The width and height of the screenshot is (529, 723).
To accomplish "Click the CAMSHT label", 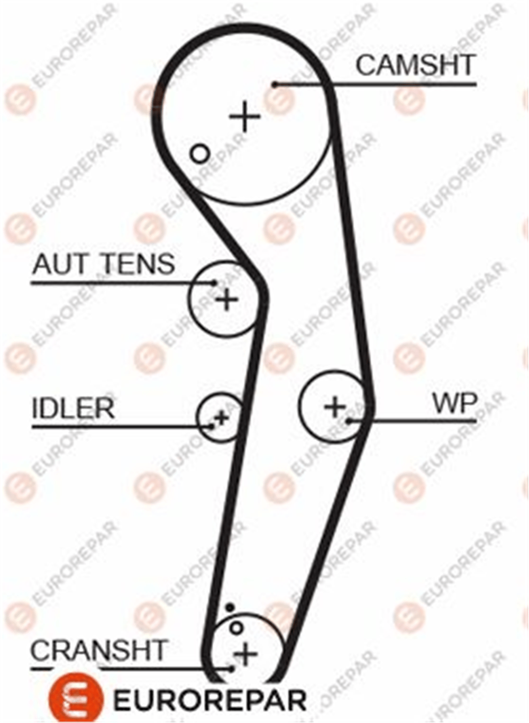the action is (416, 65).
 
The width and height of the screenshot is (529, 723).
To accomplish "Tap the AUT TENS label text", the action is (104, 264).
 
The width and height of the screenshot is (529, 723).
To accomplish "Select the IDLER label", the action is (73, 408).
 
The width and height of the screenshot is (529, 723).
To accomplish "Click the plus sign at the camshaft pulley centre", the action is (244, 116).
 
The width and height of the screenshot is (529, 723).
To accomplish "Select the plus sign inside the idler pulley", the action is (221, 418).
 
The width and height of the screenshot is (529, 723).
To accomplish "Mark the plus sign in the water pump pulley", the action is (335, 406).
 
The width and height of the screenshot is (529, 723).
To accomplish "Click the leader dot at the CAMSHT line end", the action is (275, 85).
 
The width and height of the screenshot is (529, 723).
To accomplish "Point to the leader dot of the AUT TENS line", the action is (214, 283).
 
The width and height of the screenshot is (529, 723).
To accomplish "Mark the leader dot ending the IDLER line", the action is (212, 427).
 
